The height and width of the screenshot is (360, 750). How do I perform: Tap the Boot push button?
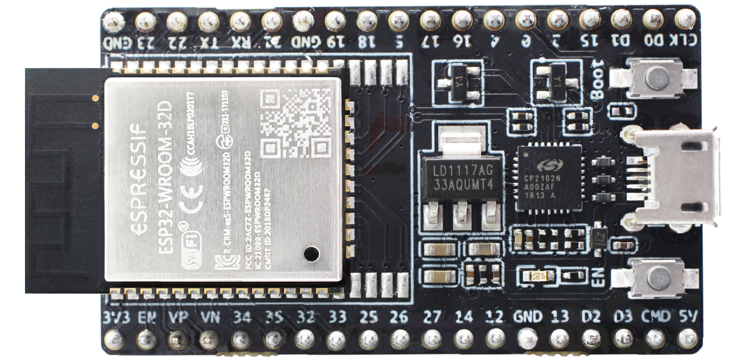click(653, 77)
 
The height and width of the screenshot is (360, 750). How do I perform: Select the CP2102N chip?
click(549, 178)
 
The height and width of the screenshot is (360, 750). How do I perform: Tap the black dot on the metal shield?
click(311, 253)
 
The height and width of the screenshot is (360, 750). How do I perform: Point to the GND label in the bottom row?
click(527, 316)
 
